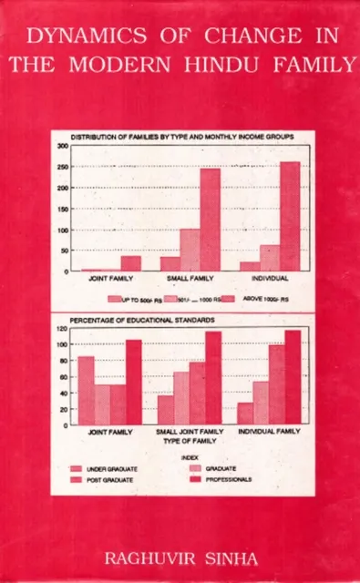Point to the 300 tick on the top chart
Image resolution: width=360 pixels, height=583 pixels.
[63, 146]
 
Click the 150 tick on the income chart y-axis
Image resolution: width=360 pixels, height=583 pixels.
[63, 209]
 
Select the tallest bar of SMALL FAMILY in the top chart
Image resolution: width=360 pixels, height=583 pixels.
[211, 220]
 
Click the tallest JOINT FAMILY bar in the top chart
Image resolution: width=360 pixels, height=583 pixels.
[131, 263]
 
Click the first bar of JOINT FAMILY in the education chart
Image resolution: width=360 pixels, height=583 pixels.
[86, 390]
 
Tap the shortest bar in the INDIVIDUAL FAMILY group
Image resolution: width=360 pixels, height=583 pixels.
[245, 413]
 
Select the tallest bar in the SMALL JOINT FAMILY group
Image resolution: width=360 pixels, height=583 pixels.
[213, 377]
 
